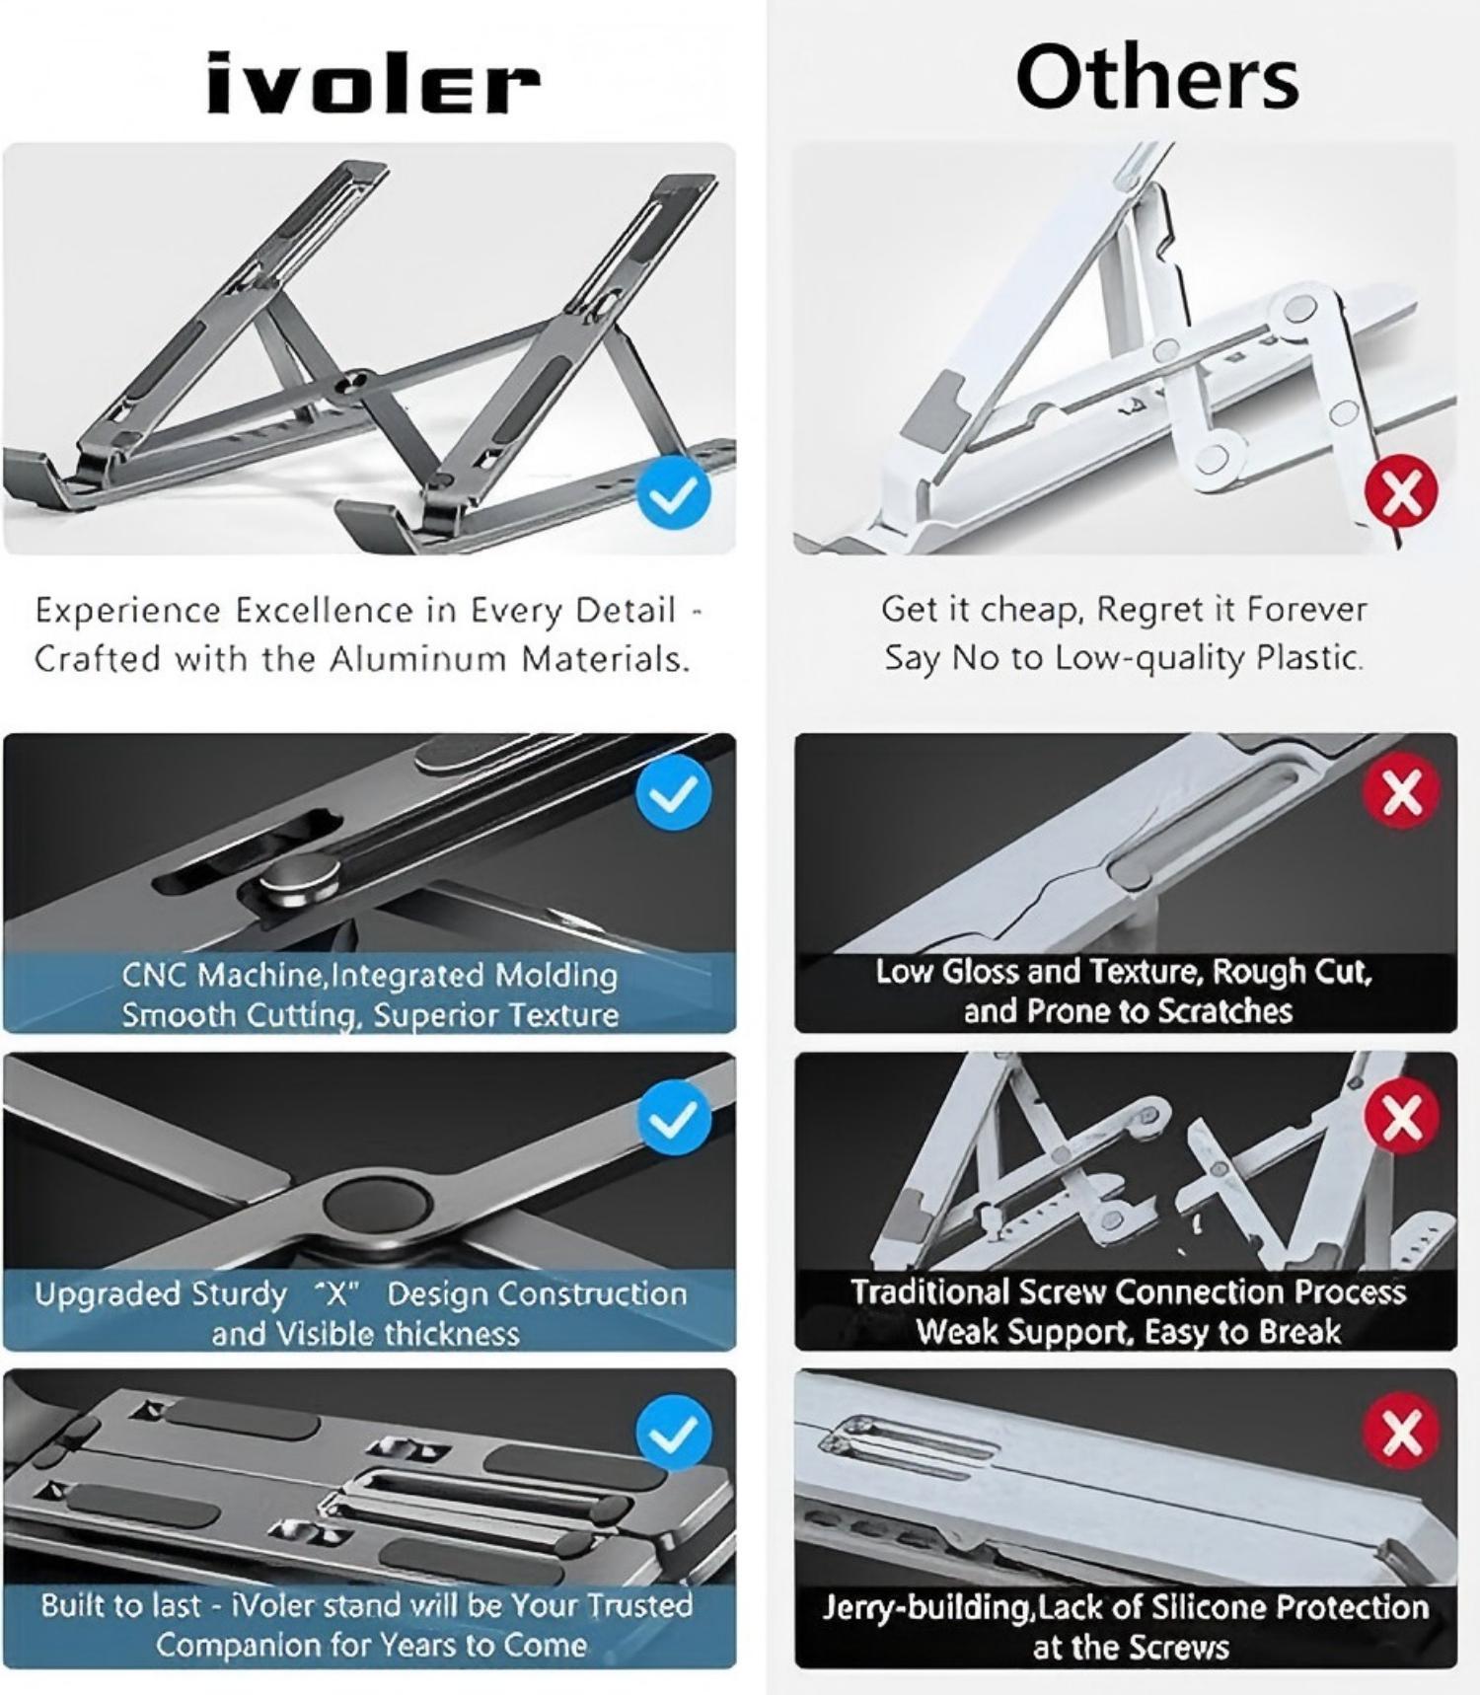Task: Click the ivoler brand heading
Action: [373, 83]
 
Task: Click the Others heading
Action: [1156, 79]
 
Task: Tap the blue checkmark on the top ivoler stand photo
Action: [674, 494]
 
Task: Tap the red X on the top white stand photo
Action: [1401, 492]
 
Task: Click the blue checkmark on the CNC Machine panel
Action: [674, 794]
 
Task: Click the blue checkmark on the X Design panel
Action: [674, 1117]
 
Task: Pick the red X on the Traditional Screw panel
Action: [1402, 1116]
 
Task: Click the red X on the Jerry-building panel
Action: [1401, 1431]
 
